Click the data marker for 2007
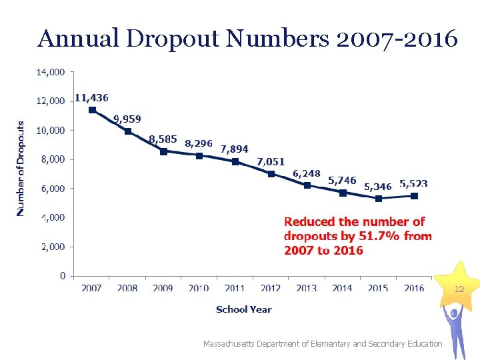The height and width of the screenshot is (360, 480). (92, 110)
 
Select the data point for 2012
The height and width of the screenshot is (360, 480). (271, 174)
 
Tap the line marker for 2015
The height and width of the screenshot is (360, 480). (379, 198)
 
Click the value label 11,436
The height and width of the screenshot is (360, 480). (91, 97)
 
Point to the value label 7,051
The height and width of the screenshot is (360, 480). (271, 161)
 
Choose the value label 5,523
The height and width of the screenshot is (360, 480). (413, 183)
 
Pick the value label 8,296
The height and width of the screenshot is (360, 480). (199, 143)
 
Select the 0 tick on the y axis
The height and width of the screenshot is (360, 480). (63, 275)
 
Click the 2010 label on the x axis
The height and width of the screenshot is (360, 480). (199, 289)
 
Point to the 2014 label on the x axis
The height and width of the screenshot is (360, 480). (342, 289)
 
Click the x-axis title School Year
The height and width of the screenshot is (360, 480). (243, 309)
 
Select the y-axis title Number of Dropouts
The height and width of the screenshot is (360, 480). (21, 168)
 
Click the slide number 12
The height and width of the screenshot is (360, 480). (459, 289)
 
